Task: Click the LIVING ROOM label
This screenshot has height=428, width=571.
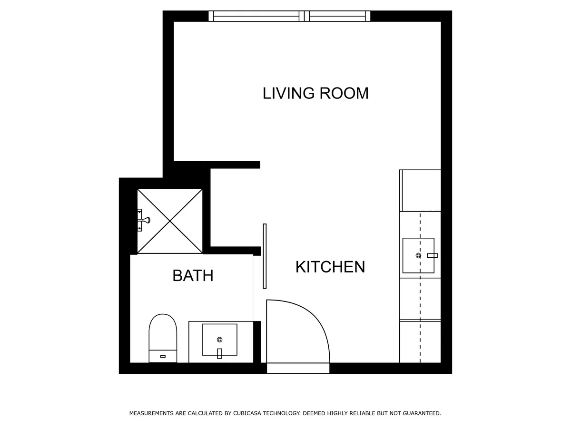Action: pyautogui.click(x=315, y=93)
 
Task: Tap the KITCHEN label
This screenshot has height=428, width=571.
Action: pyautogui.click(x=330, y=267)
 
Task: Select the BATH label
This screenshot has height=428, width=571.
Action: pyautogui.click(x=193, y=275)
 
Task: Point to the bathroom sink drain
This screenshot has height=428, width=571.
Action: pyautogui.click(x=219, y=339)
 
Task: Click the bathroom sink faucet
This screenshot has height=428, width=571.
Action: pyautogui.click(x=219, y=353)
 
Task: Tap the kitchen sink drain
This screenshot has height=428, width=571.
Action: pyautogui.click(x=418, y=255)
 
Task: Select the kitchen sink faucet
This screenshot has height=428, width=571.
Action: pyautogui.click(x=432, y=255)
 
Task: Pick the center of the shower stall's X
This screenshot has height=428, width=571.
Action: pyautogui.click(x=170, y=221)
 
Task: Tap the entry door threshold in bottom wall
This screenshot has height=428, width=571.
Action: pyautogui.click(x=298, y=368)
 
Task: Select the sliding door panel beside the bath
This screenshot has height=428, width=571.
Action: pyautogui.click(x=265, y=256)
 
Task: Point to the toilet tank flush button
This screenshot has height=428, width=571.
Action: pyautogui.click(x=163, y=356)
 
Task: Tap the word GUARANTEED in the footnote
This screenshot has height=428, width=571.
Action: pyautogui.click(x=421, y=414)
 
